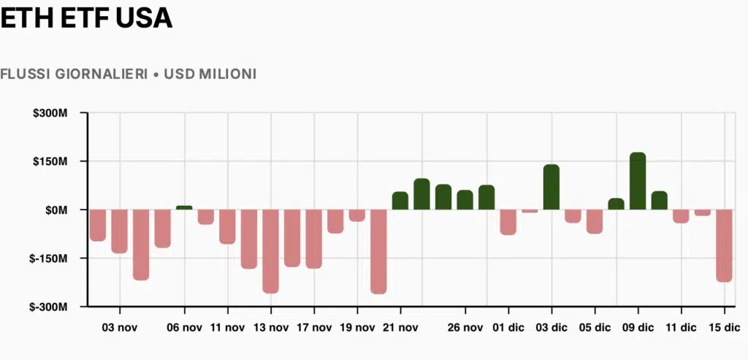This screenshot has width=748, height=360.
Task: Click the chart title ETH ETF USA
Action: pos(86,18)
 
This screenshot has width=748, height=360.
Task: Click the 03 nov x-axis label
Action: pos(119,328)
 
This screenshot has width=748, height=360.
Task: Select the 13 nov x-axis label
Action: pos(271,328)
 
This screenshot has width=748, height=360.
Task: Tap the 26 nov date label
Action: pos(465,328)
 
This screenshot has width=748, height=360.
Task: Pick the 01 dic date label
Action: pos(508,328)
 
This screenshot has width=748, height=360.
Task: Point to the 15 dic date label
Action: pos(724,328)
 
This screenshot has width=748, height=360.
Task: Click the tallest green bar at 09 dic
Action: pos(638,181)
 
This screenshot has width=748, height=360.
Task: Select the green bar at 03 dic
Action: pos(552,187)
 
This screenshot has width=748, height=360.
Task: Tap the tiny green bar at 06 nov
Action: pos(184,207)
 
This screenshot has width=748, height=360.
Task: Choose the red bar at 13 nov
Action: pos(270,251)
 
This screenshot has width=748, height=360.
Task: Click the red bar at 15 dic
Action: pos(724,246)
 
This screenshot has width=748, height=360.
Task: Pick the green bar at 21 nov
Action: pos(400,201)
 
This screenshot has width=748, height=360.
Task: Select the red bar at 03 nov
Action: pos(119,231)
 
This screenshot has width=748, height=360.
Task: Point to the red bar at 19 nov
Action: pos(356,215)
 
